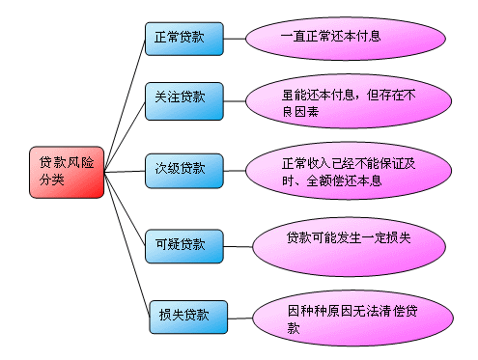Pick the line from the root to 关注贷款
125,136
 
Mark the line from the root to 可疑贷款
125,208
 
